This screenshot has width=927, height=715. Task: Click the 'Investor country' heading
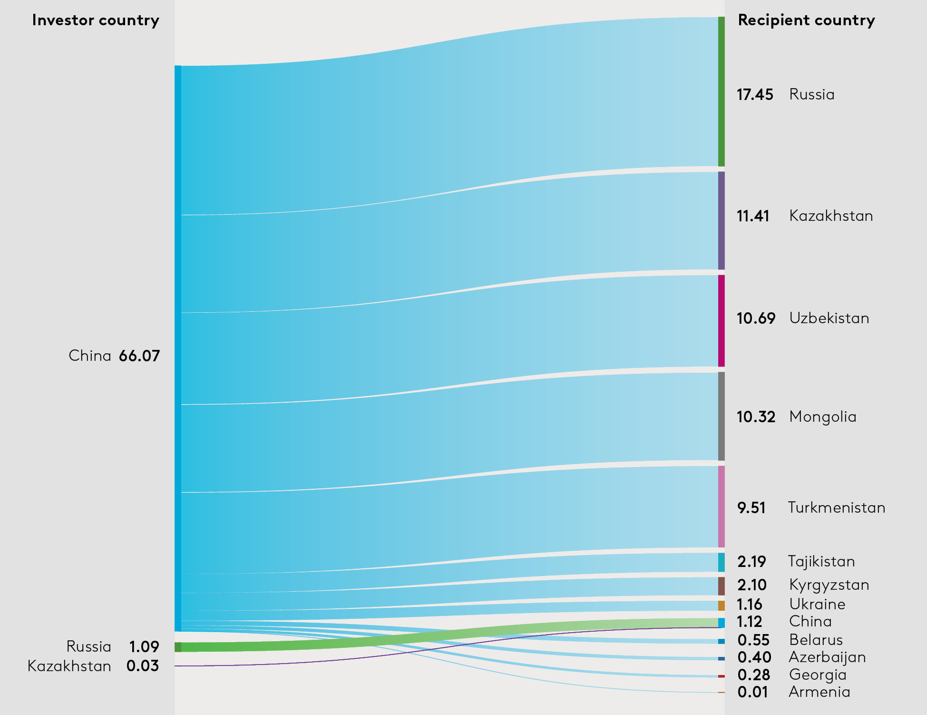tap(96, 20)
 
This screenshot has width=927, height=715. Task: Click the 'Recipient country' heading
tap(806, 20)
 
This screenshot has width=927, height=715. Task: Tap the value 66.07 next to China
tap(139, 356)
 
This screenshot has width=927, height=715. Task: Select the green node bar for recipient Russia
tap(722, 91)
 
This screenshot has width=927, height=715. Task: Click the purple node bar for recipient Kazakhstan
tap(722, 220)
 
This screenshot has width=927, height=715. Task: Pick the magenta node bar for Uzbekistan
tap(722, 320)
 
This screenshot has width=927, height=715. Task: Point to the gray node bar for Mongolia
tap(722, 416)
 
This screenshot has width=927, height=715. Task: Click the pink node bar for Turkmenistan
tap(722, 506)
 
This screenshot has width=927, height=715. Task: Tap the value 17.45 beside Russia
tap(755, 95)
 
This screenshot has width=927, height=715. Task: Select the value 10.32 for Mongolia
tap(756, 417)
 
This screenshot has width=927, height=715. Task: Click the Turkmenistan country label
tap(836, 507)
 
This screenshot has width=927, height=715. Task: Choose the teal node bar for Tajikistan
tap(722, 562)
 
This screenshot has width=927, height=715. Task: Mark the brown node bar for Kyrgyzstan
tap(722, 586)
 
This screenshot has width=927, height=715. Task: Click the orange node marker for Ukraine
tap(722, 606)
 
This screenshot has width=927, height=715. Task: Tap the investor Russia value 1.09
tap(144, 647)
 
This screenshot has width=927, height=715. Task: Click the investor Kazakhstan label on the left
tap(69, 666)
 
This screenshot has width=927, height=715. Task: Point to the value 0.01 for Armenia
tap(752, 692)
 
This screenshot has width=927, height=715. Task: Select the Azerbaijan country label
tap(827, 657)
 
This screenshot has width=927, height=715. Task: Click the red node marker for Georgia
tap(722, 676)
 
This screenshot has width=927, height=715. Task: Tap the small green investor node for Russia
tap(178, 647)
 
